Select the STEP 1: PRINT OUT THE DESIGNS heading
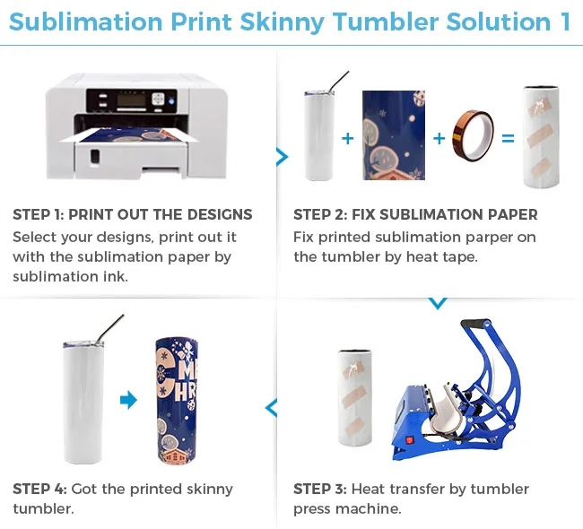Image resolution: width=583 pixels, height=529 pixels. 133,215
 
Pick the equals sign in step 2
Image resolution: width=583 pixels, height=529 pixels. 508,138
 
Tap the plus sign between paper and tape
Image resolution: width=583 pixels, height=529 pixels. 439,138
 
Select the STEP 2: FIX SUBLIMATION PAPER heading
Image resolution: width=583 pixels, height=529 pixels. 415,215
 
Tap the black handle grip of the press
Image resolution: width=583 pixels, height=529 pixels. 476,324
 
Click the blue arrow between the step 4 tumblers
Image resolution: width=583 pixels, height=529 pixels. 128,400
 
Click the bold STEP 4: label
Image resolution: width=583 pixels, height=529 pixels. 39,489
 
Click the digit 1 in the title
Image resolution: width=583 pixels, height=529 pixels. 564,22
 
